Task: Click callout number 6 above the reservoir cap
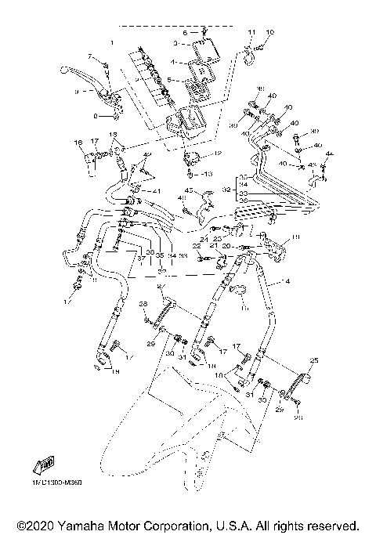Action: pyautogui.click(x=186, y=33)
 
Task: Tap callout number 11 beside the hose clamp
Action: pyautogui.click(x=251, y=32)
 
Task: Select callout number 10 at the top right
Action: pyautogui.click(x=270, y=32)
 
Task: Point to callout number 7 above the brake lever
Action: pyautogui.click(x=90, y=56)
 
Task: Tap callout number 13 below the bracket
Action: pyautogui.click(x=208, y=173)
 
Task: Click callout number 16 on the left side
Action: pyautogui.click(x=78, y=143)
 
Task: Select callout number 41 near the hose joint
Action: pyautogui.click(x=157, y=192)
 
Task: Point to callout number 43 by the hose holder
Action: pyautogui.click(x=189, y=191)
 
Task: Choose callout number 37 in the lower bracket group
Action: pyautogui.click(x=141, y=256)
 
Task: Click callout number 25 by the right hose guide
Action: pyautogui.click(x=313, y=361)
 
